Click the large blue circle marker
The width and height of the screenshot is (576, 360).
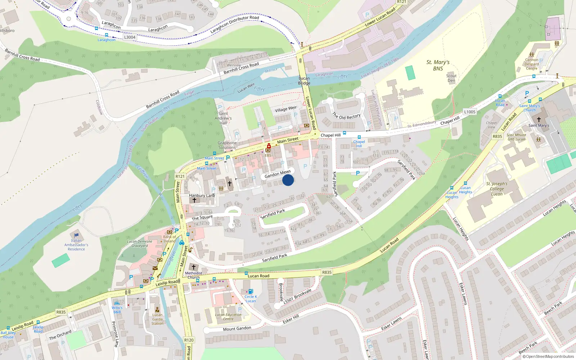pos(288,180)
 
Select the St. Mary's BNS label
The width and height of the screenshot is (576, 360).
pos(438,65)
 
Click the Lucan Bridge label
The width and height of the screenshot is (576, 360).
pos(304,81)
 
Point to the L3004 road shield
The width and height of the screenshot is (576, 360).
pos(130,37)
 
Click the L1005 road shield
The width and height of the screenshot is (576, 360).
pos(469,112)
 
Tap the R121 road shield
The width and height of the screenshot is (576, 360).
pos(180,176)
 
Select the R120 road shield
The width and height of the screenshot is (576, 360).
pos(189,340)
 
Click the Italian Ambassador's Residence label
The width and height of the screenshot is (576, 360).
pos(76,245)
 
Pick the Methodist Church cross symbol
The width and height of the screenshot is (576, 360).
pos(194,267)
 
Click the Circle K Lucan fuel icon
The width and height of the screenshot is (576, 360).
pos(251,291)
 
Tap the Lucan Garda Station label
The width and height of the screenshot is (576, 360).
pos(157,319)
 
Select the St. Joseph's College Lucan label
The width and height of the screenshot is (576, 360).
pos(497,189)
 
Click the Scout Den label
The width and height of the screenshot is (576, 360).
pos(451,78)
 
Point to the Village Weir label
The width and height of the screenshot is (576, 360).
pos(286,109)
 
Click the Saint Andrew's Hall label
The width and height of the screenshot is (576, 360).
pos(223,118)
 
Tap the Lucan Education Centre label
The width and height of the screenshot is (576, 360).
pos(228,317)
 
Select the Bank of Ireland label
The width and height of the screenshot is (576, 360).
pos(170,239)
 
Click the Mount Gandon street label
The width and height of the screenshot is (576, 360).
pos(237,329)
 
